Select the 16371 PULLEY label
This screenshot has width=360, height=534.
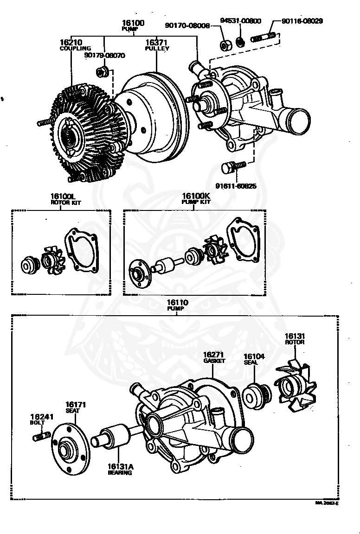pyautogui.click(x=157, y=44)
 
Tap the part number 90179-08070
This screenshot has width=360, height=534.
pyautogui.click(x=104, y=55)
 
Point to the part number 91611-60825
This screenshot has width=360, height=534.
pyautogui.click(x=237, y=186)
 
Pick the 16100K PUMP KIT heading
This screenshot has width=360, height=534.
pyautogui.click(x=196, y=198)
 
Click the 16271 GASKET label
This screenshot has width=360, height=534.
pyautogui.click(x=213, y=356)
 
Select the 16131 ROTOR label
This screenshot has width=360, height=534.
pyautogui.click(x=295, y=338)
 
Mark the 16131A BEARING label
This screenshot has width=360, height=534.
pyautogui.click(x=120, y=470)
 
